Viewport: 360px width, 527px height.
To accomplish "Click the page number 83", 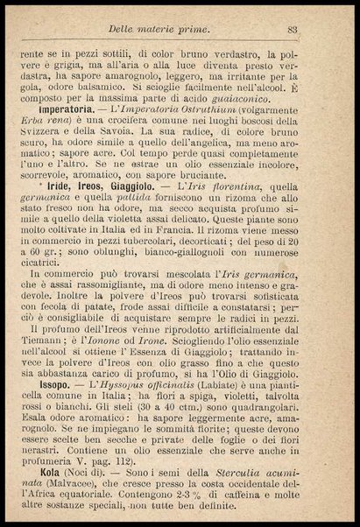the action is [x=293, y=30].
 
